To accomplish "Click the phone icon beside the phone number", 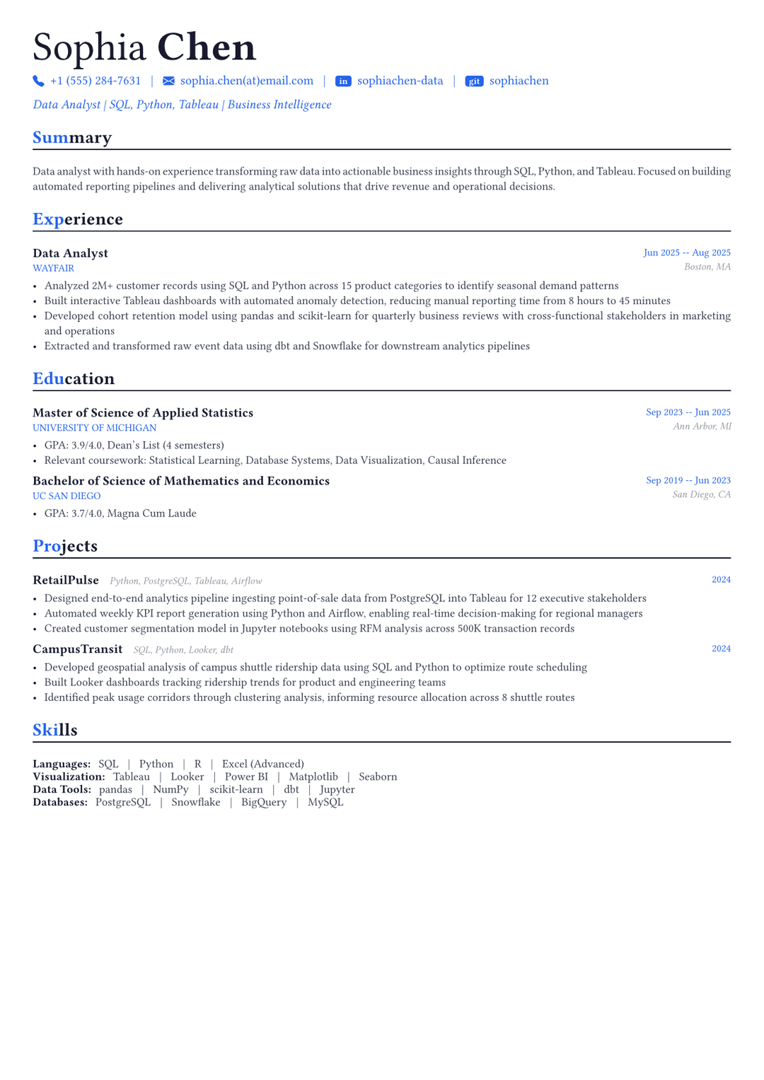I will coord(38,81).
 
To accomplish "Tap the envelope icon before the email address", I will coord(168,81).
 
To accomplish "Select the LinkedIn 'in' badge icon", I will coord(343,81).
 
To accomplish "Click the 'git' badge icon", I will coord(474,81).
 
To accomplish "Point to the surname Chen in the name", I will coord(206,48).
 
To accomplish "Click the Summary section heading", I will coord(72,137).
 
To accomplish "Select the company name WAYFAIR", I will coord(53,269).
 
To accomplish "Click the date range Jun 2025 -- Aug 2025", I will coord(686,252).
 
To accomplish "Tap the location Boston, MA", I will coord(707,267).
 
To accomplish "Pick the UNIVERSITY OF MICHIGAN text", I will coord(94,428).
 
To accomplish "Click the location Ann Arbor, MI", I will coord(702,426).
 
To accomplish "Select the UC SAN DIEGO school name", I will coord(66,496).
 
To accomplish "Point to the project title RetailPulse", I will coord(66,580).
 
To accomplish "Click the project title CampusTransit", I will coord(77,649).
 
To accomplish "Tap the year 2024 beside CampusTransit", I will coord(721,649).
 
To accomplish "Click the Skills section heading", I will coord(55,730).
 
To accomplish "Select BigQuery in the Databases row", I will coord(264,802).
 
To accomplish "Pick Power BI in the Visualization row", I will coord(246,777).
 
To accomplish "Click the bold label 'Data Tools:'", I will coord(62,789).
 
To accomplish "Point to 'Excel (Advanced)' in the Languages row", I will coord(262,764).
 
